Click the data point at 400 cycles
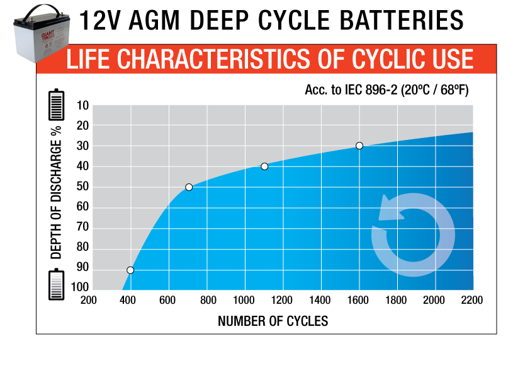click(x=130, y=270)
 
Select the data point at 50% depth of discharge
click(x=189, y=187)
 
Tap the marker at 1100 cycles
click(x=264, y=166)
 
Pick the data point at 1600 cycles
click(x=359, y=146)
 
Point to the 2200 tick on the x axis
click(x=471, y=300)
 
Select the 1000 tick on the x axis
click(x=243, y=300)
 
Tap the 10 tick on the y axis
click(x=82, y=105)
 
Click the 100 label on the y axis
click(x=80, y=287)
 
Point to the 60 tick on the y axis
click(x=82, y=207)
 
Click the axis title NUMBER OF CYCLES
click(x=273, y=321)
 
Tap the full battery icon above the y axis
click(x=57, y=105)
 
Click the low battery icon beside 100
click(x=57, y=285)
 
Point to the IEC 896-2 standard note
click(x=386, y=90)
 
